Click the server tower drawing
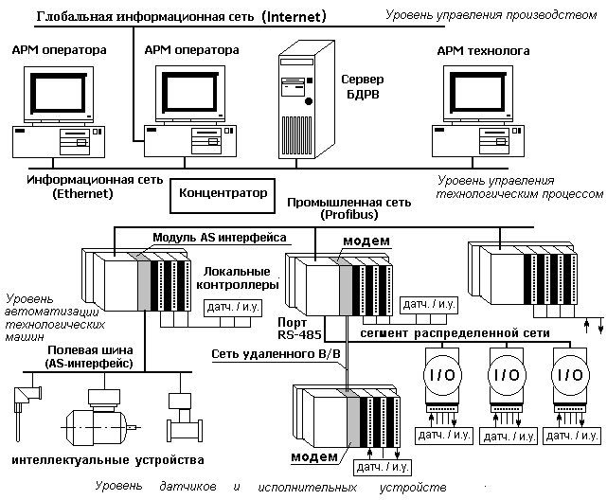click(302, 104)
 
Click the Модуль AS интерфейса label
click(220, 236)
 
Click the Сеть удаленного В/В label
click(276, 352)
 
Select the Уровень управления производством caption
click(493, 13)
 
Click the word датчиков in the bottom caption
click(190, 487)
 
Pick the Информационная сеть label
click(95, 179)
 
